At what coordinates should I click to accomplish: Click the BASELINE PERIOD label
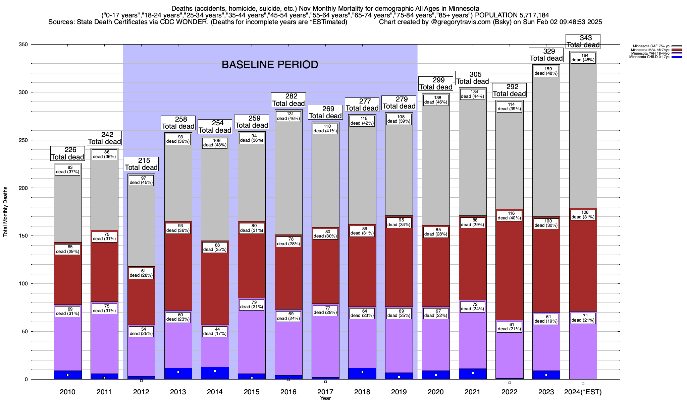click(x=270, y=65)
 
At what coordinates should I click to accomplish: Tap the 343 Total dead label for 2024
click(x=583, y=42)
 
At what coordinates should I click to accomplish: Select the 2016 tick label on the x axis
click(x=288, y=392)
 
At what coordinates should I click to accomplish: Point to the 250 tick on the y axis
click(x=24, y=140)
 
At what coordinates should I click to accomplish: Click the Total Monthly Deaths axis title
click(x=5, y=212)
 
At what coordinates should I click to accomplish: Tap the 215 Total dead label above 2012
click(x=141, y=164)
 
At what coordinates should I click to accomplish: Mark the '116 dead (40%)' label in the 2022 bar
click(x=509, y=216)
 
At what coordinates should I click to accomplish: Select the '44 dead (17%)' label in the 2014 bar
click(x=215, y=331)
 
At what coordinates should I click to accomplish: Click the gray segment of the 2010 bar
click(x=68, y=208)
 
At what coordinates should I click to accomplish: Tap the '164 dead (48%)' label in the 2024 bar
click(x=583, y=58)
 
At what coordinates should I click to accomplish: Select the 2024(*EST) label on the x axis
click(x=583, y=392)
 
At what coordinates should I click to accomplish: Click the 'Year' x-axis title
click(x=325, y=398)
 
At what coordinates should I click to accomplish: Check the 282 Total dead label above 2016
click(x=288, y=100)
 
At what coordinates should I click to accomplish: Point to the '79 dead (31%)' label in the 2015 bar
click(x=252, y=305)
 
